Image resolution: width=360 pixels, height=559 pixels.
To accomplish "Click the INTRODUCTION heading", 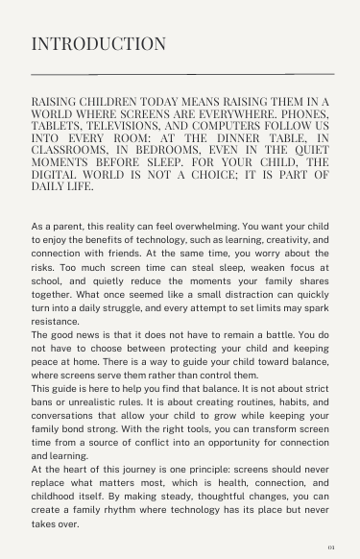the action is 99,44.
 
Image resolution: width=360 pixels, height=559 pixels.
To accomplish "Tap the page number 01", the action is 330,547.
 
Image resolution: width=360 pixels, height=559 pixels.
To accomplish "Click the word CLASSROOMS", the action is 72,150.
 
